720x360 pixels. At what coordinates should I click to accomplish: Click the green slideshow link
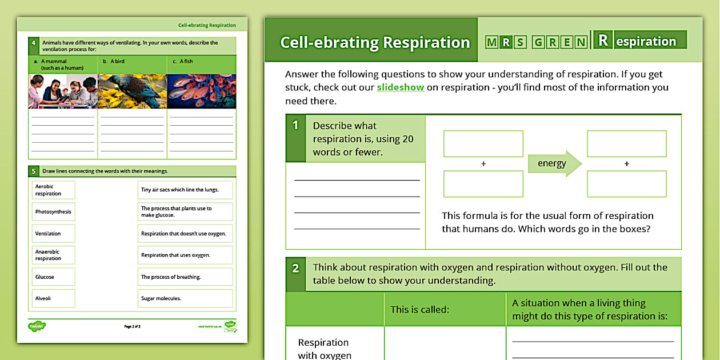tap(400, 87)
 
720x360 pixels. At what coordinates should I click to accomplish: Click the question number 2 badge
tap(295, 268)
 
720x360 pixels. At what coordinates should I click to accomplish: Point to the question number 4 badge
tap(34, 43)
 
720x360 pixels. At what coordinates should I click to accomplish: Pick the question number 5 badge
tap(34, 171)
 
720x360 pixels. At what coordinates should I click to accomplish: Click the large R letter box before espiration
tap(603, 41)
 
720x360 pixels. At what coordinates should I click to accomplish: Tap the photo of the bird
tap(133, 91)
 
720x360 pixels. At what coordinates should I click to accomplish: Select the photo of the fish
tap(202, 91)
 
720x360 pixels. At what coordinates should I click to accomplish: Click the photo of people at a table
tap(63, 91)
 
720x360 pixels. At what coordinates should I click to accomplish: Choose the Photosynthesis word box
tap(54, 212)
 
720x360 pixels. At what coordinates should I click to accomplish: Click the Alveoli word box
tap(54, 298)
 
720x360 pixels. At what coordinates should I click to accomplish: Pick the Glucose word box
tap(54, 277)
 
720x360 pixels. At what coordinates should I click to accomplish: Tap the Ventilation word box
tap(54, 234)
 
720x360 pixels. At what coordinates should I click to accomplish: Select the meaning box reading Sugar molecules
tap(185, 298)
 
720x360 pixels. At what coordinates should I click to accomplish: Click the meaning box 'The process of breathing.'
tap(185, 277)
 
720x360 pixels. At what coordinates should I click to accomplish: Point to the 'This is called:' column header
tap(420, 310)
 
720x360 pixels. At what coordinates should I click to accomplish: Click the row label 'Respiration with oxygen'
tap(323, 349)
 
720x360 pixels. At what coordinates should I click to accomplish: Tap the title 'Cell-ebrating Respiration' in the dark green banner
tap(375, 43)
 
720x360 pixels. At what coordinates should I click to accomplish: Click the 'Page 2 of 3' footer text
tap(132, 326)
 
